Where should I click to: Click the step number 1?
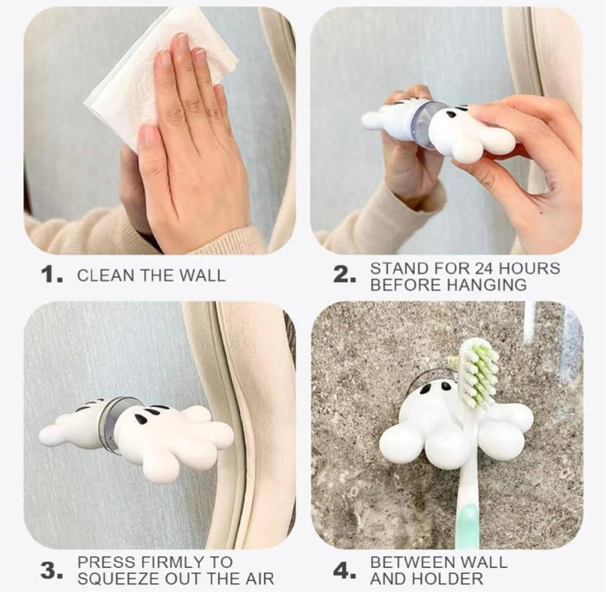(50, 275)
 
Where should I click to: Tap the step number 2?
(345, 275)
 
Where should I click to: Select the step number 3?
(50, 571)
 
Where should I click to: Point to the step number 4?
(345, 571)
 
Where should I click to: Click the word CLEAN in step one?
(100, 276)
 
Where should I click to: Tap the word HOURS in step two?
(525, 268)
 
